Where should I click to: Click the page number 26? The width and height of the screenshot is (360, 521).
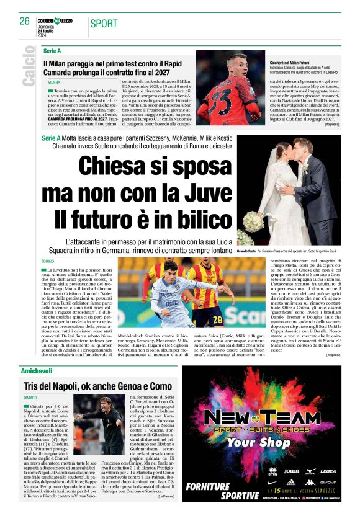point(25,21)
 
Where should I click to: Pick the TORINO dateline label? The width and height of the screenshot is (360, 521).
point(47,261)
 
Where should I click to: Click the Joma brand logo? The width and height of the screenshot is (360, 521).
point(290,471)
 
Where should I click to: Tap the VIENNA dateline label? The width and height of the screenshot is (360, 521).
point(54,82)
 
